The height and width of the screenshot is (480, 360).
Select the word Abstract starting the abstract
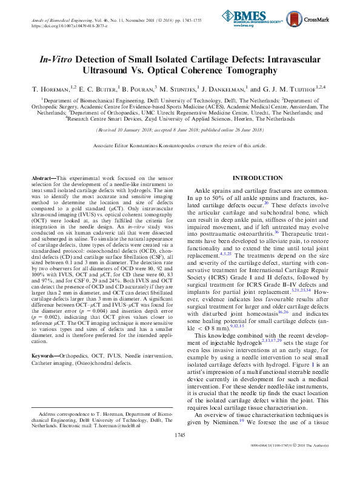(44, 177)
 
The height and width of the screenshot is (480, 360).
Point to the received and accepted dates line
(180, 130)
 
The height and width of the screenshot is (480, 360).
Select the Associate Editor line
(180, 146)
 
